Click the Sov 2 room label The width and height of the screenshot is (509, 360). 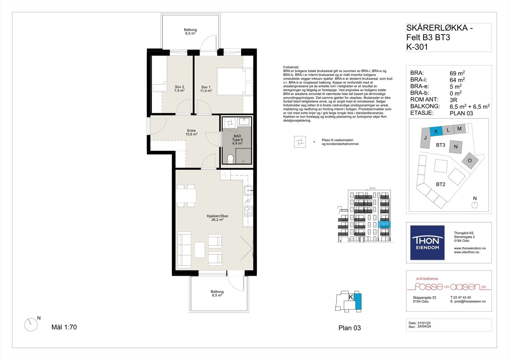point(179,88)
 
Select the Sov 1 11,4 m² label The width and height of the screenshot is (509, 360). point(206,89)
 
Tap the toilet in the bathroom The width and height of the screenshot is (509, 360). point(231,158)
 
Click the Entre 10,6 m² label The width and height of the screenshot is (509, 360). point(192,132)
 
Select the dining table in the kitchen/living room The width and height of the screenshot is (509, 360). point(186,195)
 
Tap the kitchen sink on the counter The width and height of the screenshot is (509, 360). point(248,190)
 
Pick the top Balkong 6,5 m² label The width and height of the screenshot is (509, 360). point(190,32)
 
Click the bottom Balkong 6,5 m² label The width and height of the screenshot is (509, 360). point(217,293)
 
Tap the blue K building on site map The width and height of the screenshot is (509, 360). point(436,131)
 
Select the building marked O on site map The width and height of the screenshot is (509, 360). point(470,160)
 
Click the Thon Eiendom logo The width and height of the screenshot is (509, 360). point(427,243)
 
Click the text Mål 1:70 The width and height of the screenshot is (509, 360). point(64,327)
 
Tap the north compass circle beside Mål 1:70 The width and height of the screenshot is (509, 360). point(31,325)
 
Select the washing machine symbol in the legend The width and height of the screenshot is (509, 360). point(300,142)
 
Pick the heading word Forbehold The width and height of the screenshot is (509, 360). point(291,67)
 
